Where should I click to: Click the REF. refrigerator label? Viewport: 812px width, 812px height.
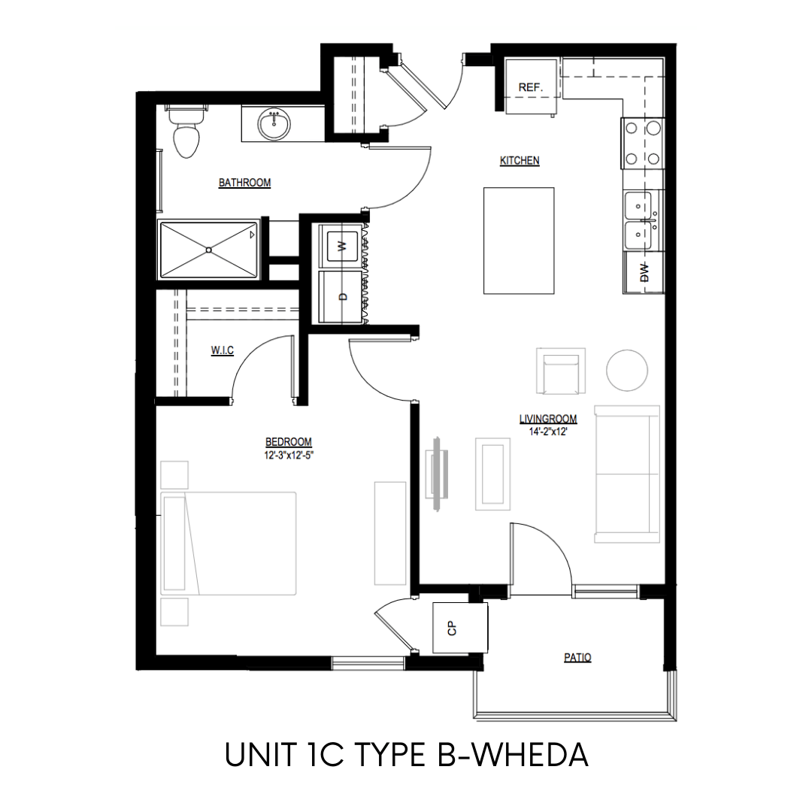coord(530,87)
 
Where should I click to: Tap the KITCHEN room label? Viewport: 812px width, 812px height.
coord(520,161)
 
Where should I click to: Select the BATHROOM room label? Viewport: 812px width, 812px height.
coord(244,183)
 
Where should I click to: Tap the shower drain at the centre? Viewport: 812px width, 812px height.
coord(209,250)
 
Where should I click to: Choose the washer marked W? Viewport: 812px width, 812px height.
coord(341,247)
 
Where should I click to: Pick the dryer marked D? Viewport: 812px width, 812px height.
coord(341,296)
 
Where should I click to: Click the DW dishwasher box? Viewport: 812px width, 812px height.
coord(644,272)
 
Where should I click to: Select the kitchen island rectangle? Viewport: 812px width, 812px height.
coord(519,241)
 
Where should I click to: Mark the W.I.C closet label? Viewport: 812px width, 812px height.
coord(222,350)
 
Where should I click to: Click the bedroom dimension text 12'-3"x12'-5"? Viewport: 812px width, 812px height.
coord(289,456)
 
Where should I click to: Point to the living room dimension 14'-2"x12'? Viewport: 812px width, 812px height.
coord(548,432)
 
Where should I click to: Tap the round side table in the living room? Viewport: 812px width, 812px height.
coord(627,370)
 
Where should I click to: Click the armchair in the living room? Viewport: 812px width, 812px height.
coord(561,371)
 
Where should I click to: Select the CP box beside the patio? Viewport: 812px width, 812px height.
coord(460,628)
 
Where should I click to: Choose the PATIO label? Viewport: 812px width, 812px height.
coord(577,658)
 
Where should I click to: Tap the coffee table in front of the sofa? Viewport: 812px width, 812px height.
coord(493,474)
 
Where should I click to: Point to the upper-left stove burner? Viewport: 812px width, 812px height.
coord(632,128)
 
